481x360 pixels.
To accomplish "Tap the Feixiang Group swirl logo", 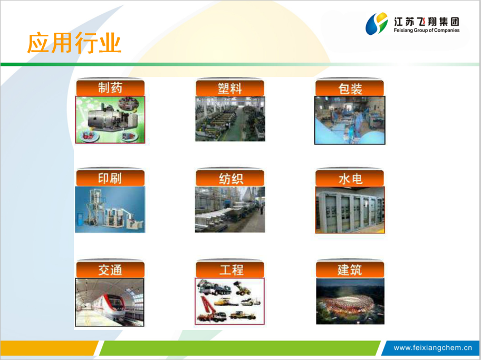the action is pos(377,24).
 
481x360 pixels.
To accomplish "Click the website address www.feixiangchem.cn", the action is pos(432,348).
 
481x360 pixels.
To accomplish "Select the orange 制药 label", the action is pos(110,87).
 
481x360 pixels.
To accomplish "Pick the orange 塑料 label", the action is pos(230,88).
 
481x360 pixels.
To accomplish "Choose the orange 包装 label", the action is pos(350,88).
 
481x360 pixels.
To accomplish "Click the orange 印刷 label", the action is pos(110,178).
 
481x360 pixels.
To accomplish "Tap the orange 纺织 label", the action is pos(230,178).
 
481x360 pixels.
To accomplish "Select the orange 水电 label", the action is pos(350,178).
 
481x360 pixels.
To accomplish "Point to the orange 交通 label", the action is pos(110,269).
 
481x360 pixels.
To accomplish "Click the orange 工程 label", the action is pos(230,269).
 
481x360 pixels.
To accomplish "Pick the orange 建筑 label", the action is pos(350,269).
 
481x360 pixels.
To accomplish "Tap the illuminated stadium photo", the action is pos(350,301).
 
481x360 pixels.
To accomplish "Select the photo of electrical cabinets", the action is pos(350,210).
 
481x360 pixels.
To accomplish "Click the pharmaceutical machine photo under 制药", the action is pos(110,120).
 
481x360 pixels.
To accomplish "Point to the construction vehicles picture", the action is pos(230,301).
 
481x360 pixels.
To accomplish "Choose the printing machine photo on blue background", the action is pos(110,210).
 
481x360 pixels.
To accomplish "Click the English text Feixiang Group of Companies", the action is pos(426,30).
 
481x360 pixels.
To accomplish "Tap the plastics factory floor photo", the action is pos(230,119).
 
